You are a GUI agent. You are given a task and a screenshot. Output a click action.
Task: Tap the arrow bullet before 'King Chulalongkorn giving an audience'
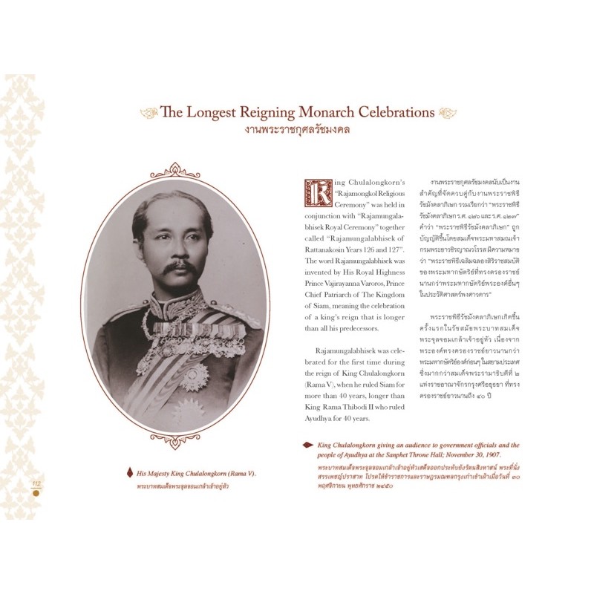pos(307,445)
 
